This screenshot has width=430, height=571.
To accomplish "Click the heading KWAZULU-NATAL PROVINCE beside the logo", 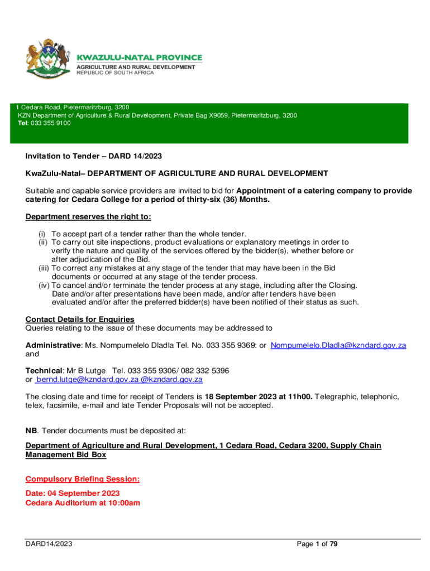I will tap(139, 57).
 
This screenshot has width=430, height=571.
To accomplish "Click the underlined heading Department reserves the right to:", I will tap(88, 216).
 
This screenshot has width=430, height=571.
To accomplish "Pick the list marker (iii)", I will tap(42, 268).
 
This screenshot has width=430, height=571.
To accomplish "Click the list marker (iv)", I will tap(42, 285).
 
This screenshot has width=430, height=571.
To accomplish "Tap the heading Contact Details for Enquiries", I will tap(80, 319).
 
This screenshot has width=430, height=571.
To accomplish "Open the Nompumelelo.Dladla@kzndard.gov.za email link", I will tap(338, 345).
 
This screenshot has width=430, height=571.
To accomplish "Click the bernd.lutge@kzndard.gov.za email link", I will tap(87, 379).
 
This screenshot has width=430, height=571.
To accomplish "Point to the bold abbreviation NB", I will tap(32, 430).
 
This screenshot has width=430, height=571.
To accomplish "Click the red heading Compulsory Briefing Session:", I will tap(83, 479).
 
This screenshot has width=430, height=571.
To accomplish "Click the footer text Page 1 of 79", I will tap(318, 544).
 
